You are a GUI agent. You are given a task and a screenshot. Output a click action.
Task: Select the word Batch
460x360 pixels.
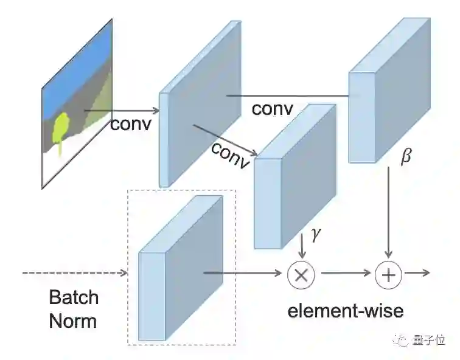pyautogui.click(x=73, y=297)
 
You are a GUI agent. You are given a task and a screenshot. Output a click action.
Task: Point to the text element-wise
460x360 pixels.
pyautogui.click(x=345, y=311)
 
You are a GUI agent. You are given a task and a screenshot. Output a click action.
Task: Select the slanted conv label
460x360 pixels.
pyautogui.click(x=231, y=156)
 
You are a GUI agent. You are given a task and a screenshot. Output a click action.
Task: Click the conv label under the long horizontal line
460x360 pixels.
pyautogui.click(x=272, y=109)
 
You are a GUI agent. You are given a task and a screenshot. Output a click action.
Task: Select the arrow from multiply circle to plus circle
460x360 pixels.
pyautogui.click(x=346, y=274)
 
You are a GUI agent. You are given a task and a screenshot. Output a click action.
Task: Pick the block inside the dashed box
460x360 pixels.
pyautogui.click(x=181, y=268)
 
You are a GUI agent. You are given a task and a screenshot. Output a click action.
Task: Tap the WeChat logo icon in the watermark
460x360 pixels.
pyautogui.click(x=402, y=342)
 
